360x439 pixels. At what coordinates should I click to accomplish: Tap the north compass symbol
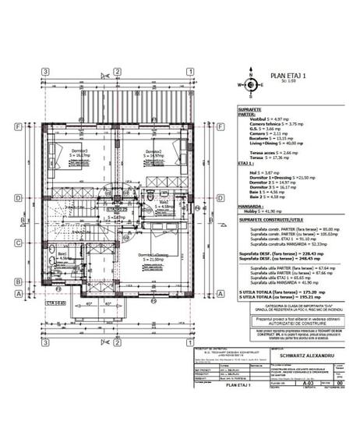click(251, 86)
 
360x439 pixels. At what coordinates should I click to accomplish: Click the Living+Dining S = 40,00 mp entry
click(275, 143)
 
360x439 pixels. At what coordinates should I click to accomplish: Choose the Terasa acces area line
click(270, 153)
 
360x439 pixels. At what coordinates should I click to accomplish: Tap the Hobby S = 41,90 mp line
click(265, 211)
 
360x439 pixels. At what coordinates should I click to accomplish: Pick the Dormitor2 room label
click(154, 151)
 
